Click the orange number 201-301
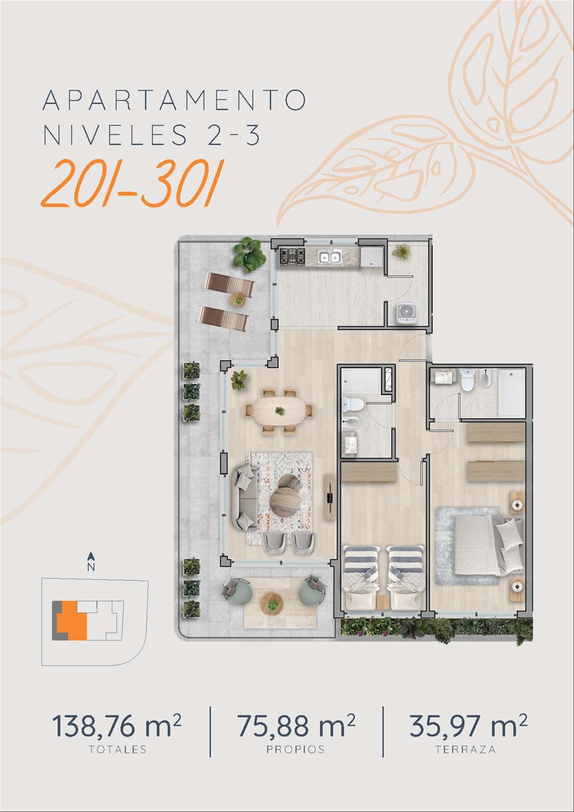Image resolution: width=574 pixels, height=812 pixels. (133, 184)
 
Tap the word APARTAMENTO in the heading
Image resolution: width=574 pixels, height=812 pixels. (174, 100)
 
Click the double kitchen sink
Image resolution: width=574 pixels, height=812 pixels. (330, 256)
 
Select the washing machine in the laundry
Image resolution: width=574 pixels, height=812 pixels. (406, 314)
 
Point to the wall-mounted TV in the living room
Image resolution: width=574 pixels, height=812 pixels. (330, 497)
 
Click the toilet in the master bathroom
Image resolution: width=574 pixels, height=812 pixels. (468, 380)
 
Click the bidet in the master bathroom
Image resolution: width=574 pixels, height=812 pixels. (484, 379)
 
